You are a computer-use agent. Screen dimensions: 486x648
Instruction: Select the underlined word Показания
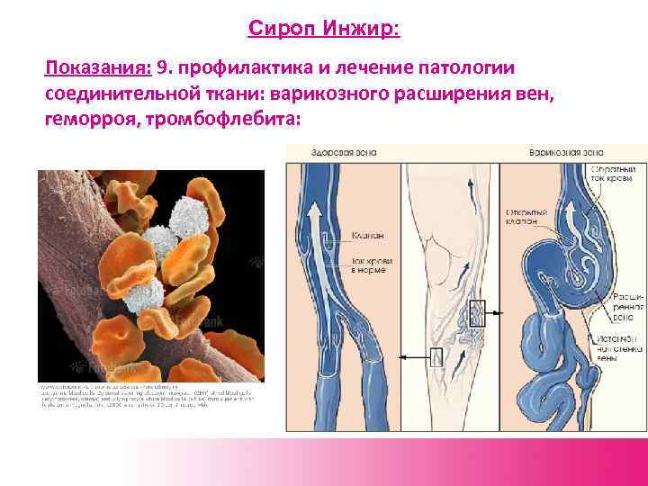[98, 68]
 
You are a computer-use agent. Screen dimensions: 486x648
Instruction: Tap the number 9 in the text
[163, 68]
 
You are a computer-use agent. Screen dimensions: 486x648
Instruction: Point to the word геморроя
[85, 119]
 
